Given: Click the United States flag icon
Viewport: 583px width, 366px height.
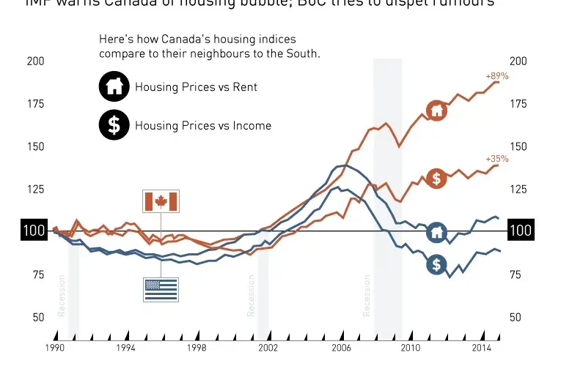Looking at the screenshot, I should [161, 289].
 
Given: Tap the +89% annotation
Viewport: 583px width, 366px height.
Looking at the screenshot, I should [496, 75].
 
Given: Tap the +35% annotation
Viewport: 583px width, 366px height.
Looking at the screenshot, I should [496, 159].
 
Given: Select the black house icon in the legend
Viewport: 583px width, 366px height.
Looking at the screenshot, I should [114, 87].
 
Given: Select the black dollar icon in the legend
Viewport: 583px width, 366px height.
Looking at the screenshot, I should [114, 125].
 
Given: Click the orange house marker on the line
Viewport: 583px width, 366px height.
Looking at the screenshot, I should [437, 111].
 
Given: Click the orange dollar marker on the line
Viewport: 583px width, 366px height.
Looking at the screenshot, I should [437, 178].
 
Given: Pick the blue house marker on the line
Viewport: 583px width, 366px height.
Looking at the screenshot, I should [437, 233].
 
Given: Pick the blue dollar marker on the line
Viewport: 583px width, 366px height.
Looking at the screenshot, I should [437, 264].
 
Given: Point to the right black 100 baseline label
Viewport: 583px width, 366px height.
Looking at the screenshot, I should [520, 231].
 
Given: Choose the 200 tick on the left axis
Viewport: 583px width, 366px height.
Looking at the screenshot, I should [36, 61].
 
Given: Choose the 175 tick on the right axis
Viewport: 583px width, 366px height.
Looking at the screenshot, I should [520, 104].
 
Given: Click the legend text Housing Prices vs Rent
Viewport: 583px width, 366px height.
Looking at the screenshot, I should [196, 87].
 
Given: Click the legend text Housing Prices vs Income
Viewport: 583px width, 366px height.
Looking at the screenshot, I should [202, 125].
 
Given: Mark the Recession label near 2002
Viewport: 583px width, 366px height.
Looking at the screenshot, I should [251, 296].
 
